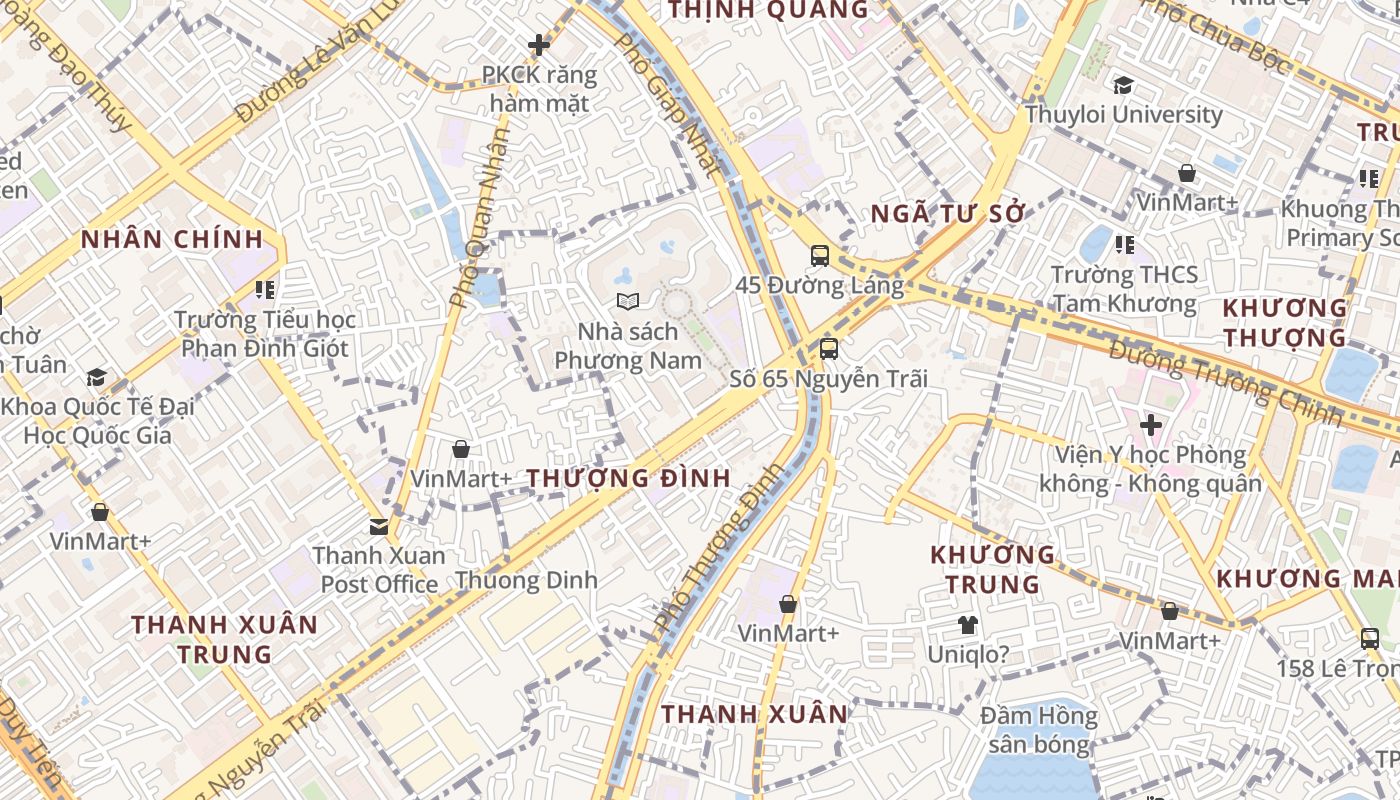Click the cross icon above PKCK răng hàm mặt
(539, 45)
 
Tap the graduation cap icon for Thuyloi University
(1123, 85)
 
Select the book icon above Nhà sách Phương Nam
(627, 301)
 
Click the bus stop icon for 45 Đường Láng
(820, 256)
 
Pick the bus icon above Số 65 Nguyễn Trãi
(828, 349)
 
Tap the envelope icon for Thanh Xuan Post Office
(379, 526)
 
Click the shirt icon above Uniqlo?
(967, 626)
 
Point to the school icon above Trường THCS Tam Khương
(1124, 244)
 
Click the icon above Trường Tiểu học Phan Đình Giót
(264, 290)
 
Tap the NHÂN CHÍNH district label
(172, 240)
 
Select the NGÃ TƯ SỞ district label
(948, 214)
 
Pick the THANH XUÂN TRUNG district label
(225, 640)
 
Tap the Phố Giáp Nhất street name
(667, 105)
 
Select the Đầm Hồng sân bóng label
(1038, 730)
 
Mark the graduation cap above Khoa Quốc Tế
(96, 377)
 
